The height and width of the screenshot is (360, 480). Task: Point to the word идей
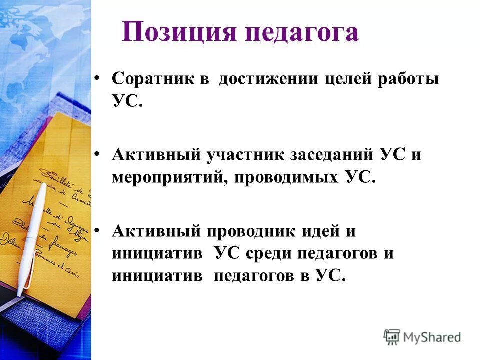click(321, 231)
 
